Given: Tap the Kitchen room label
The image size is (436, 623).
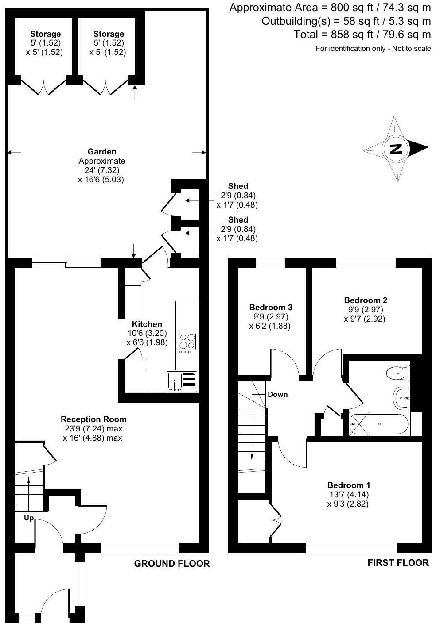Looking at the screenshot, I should click(x=147, y=324).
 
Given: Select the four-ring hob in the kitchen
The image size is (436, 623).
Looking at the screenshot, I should click(x=187, y=342).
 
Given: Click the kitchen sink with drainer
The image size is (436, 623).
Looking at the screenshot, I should click(x=182, y=381).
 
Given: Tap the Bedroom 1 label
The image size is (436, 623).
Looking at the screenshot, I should click(x=348, y=485).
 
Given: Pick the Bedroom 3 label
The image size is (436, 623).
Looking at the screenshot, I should click(x=271, y=307).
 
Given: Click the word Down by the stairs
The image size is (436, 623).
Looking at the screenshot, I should click(x=277, y=394).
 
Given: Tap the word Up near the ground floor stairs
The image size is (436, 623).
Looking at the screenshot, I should click(x=28, y=518).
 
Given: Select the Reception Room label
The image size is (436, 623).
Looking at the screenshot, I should click(x=93, y=419).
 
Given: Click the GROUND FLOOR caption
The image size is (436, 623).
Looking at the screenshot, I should click(x=172, y=563).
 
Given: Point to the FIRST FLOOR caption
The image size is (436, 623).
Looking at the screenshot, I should click(x=398, y=562).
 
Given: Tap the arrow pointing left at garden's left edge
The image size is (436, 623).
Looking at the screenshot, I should click(x=14, y=153).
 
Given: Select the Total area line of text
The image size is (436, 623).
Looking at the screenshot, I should click(x=362, y=34).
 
